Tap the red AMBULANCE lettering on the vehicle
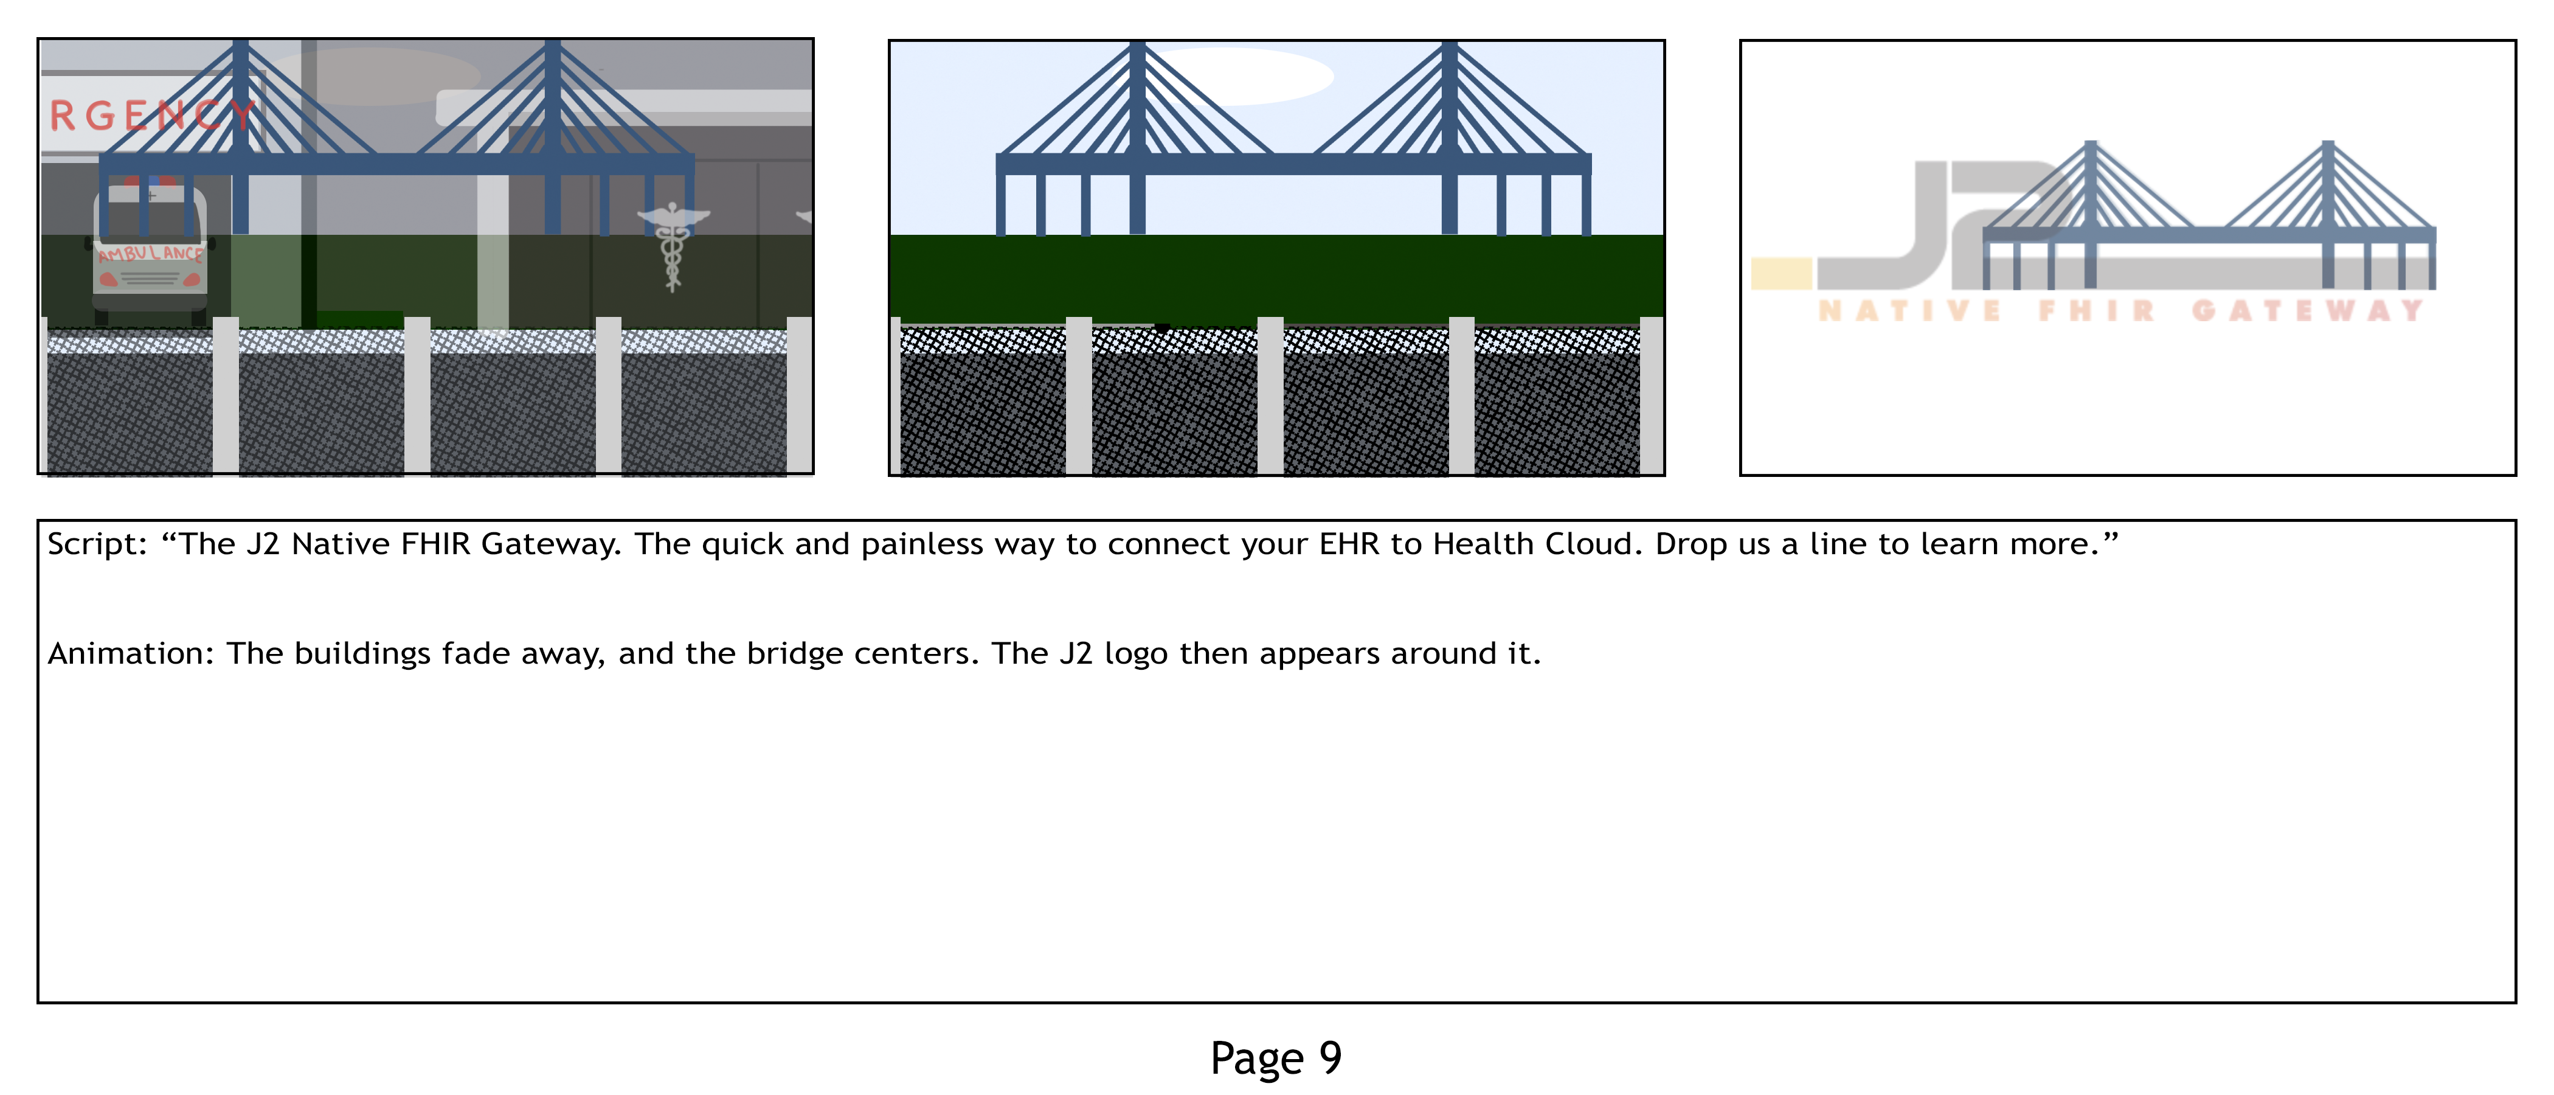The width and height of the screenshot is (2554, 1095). [x=151, y=254]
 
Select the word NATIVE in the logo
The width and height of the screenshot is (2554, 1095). [x=1909, y=311]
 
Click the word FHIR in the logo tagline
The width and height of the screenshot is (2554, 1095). [x=2097, y=311]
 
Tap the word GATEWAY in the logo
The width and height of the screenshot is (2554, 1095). [x=2307, y=311]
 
